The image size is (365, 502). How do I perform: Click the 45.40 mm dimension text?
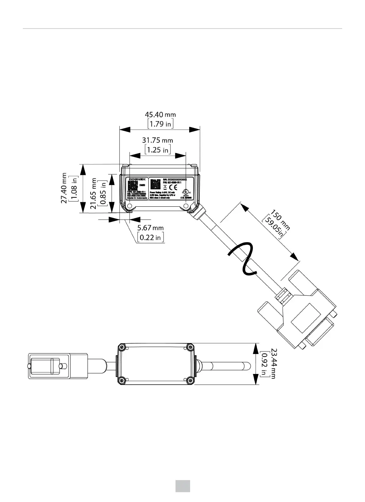160,114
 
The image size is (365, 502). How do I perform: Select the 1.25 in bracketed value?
158,150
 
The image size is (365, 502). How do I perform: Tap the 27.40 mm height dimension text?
64,188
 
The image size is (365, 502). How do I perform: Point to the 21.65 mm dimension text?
93,193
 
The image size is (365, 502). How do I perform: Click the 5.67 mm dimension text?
150,228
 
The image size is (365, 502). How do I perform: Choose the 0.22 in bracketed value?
151,237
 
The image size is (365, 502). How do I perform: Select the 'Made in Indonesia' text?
137,198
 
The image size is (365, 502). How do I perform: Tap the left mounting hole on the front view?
129,206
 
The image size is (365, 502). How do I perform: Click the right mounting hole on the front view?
185,206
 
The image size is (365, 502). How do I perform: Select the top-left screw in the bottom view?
121,347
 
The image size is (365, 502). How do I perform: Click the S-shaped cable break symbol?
241,258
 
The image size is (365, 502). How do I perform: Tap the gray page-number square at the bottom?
183,486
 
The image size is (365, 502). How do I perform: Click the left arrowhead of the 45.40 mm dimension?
125,129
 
